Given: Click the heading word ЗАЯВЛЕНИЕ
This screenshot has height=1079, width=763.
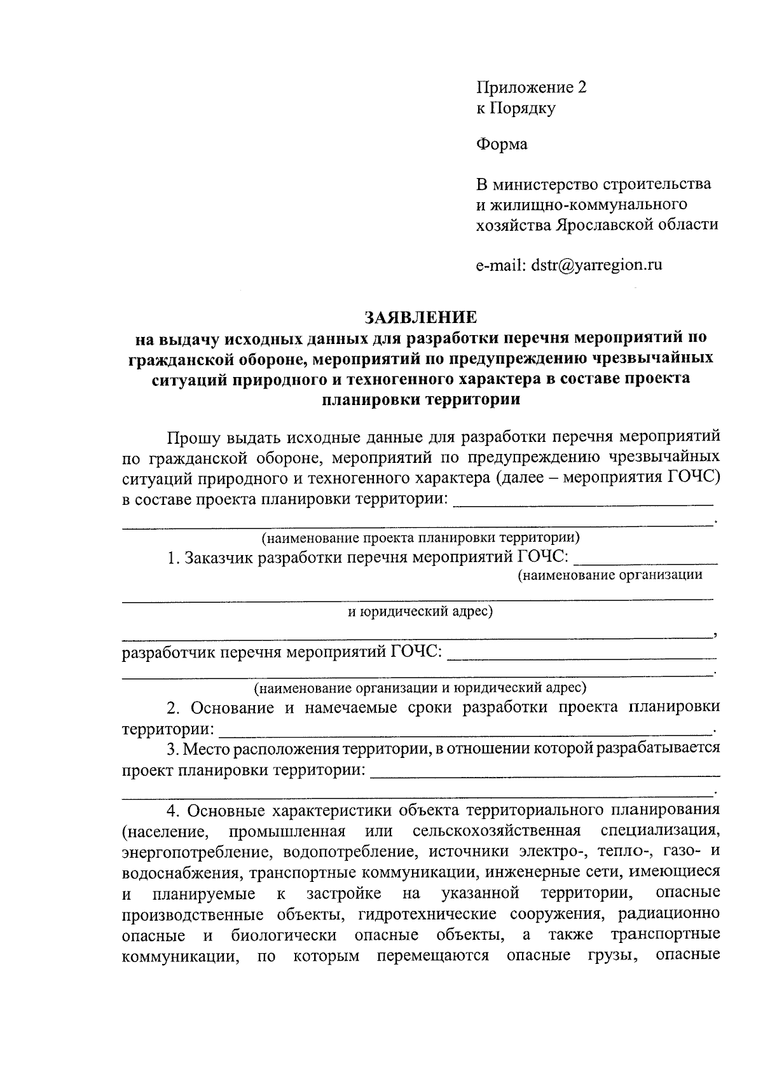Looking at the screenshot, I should [x=420, y=317].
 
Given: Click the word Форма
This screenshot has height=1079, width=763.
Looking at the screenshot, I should [x=502, y=144].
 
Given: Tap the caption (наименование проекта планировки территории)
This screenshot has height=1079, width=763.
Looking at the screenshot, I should [x=420, y=537].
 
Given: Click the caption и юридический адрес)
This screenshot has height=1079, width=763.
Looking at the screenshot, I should [x=420, y=612].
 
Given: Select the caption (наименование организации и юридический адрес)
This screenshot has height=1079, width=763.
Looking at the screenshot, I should [x=420, y=688].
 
